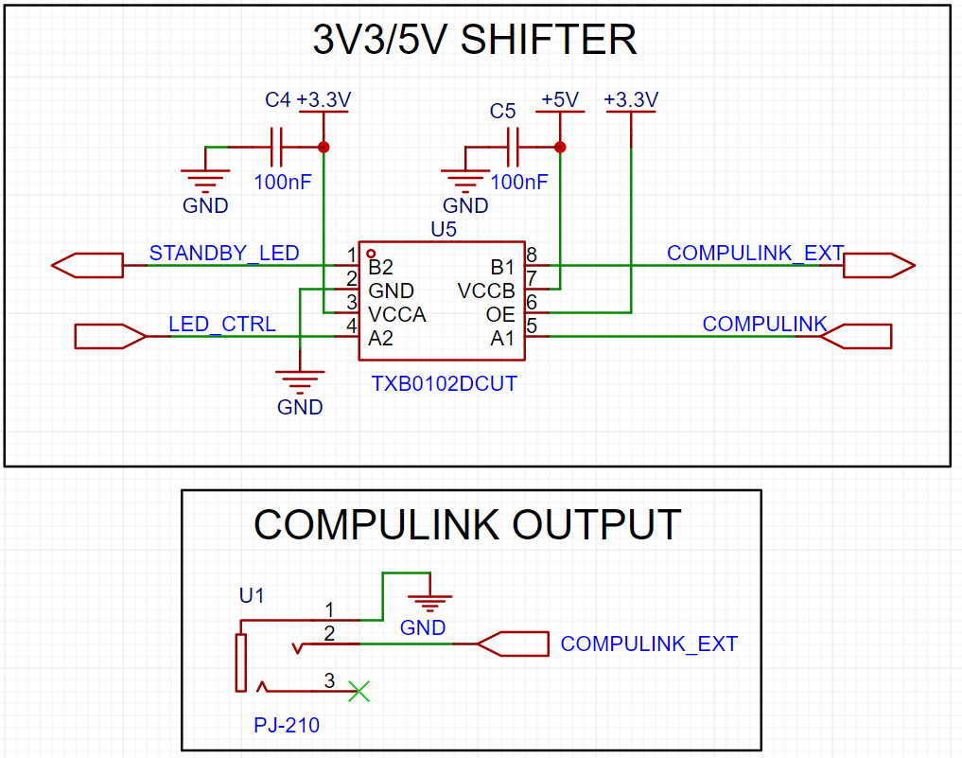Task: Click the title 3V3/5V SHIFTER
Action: point(474,40)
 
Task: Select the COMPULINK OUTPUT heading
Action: point(467,524)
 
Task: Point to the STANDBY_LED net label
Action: point(224,253)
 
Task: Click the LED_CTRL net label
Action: point(222,325)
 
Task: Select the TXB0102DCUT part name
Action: point(445,384)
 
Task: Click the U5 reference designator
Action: point(444,229)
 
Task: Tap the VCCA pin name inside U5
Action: point(396,314)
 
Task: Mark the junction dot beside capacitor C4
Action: point(324,147)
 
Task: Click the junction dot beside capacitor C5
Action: point(559,147)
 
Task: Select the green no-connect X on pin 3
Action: point(359,691)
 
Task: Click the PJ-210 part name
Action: point(287,726)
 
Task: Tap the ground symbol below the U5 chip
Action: point(299,383)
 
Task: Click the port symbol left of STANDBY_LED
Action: point(88,266)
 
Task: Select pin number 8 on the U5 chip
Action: point(532,254)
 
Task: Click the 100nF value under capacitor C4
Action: point(282,181)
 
